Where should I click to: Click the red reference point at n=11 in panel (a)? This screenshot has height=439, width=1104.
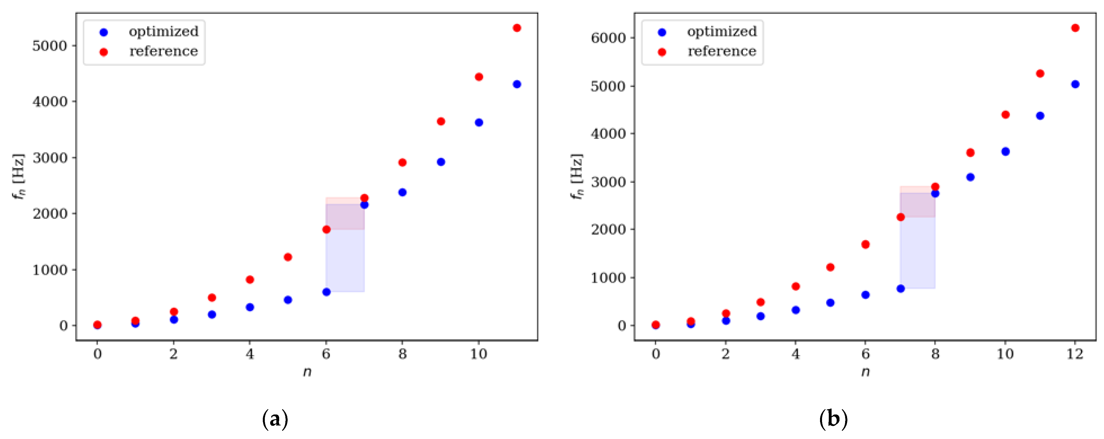[x=517, y=28]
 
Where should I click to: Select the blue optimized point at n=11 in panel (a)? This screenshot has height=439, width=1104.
[x=517, y=84]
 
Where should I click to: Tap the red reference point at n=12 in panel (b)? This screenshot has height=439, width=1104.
[x=1075, y=28]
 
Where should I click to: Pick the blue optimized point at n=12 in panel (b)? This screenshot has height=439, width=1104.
[x=1075, y=84]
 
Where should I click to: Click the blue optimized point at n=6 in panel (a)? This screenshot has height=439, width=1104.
[x=326, y=292]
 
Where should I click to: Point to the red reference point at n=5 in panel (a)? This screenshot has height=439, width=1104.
[x=288, y=257]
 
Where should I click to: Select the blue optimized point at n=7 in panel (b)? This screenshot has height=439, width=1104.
[x=900, y=289]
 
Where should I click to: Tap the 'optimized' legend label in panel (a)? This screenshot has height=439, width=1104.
[x=164, y=32]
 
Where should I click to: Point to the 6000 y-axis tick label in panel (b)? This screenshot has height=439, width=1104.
[x=608, y=38]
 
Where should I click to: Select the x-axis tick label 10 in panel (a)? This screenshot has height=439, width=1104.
[x=479, y=354]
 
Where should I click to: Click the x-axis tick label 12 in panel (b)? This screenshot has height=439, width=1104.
[x=1075, y=354]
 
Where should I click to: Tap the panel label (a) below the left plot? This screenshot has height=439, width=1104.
[x=275, y=419]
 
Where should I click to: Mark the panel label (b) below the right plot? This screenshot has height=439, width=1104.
[x=833, y=419]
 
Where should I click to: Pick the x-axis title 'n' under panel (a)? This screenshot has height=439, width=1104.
[x=307, y=372]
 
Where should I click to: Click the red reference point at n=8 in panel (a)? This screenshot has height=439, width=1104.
[x=402, y=162]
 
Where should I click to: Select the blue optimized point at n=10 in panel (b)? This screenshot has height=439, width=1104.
[x=1005, y=152]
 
